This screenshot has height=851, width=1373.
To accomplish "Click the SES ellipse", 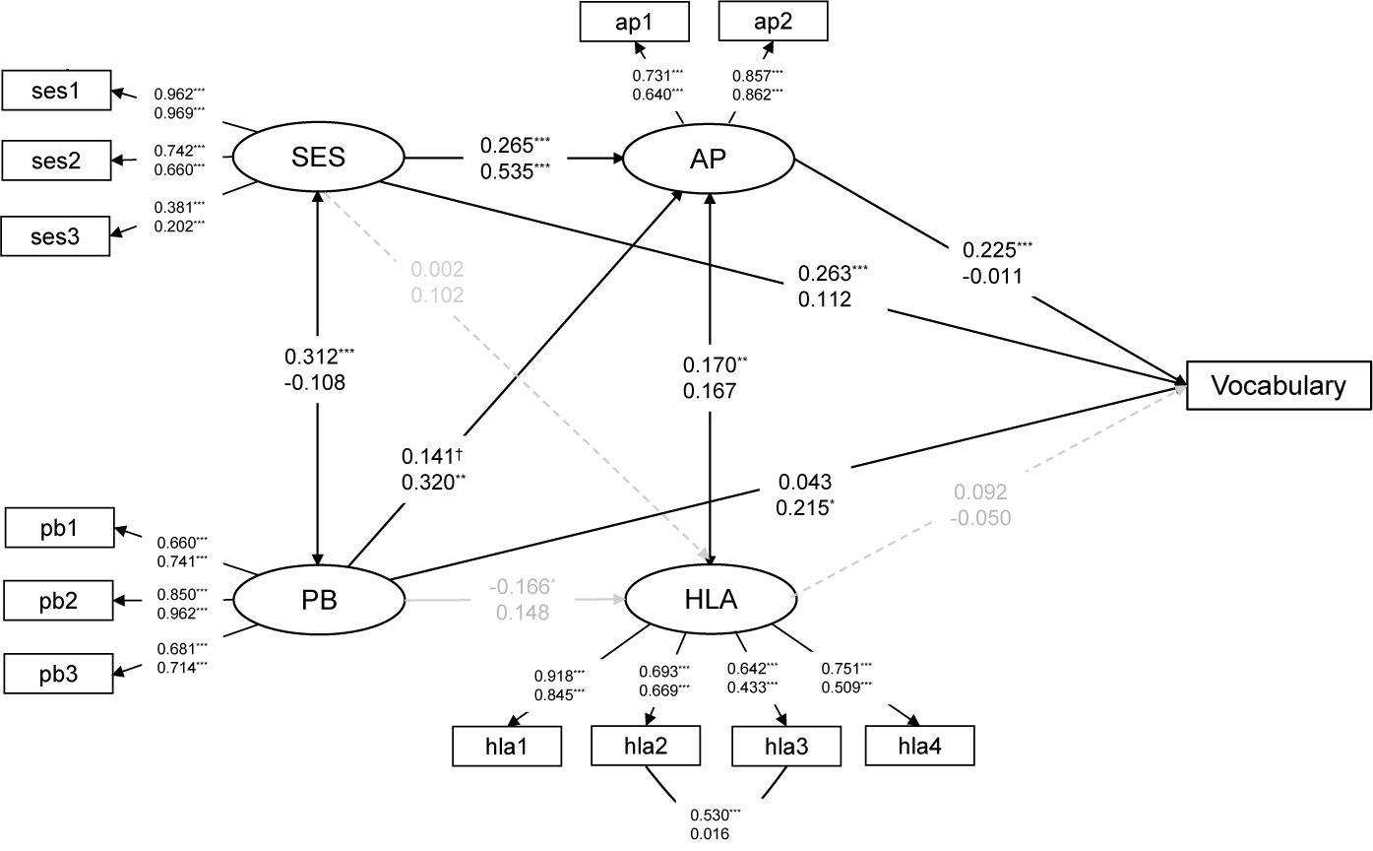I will tap(317, 158).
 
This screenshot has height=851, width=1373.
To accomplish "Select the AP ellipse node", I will tap(710, 159).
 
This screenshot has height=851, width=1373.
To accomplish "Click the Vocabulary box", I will tap(1278, 385).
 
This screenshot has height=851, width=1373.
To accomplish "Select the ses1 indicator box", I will tap(56, 93).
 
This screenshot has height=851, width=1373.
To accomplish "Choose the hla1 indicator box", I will tap(507, 746).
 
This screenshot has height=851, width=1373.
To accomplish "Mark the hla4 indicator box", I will tap(919, 745).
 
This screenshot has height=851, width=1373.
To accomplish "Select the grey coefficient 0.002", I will tap(438, 269).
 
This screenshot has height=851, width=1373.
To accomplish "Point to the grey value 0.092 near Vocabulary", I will tap(978, 491).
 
